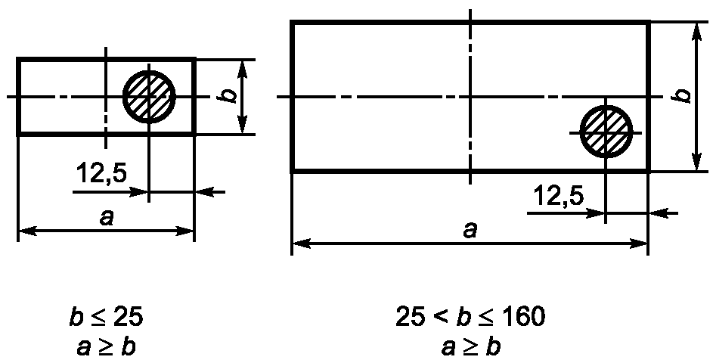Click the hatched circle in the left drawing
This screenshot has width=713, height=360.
pyautogui.click(x=149, y=97)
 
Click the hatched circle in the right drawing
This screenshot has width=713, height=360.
pyautogui.click(x=606, y=132)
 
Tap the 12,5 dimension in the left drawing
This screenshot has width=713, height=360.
pyautogui.click(x=101, y=173)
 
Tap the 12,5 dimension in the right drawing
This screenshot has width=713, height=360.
pyautogui.click(x=559, y=196)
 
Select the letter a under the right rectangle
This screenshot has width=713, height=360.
pyautogui.click(x=470, y=231)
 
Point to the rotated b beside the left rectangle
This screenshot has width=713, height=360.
pyautogui.click(x=231, y=95)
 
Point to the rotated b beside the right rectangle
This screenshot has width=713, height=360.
pyautogui.click(x=683, y=95)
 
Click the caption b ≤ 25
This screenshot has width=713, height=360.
pyautogui.click(x=106, y=317)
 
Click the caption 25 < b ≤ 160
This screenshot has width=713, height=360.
pyautogui.click(x=470, y=317)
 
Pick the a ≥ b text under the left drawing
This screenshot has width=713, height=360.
pyautogui.click(x=106, y=347)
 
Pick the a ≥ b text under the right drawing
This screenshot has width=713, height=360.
pyautogui.click(x=470, y=347)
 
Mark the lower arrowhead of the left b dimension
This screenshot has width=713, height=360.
pyautogui.click(x=243, y=125)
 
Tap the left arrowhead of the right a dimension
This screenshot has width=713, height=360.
pyautogui.click(x=301, y=244)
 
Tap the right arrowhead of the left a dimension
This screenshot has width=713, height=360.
pyautogui.click(x=185, y=231)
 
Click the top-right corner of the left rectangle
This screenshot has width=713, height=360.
pyautogui.click(x=194, y=59)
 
